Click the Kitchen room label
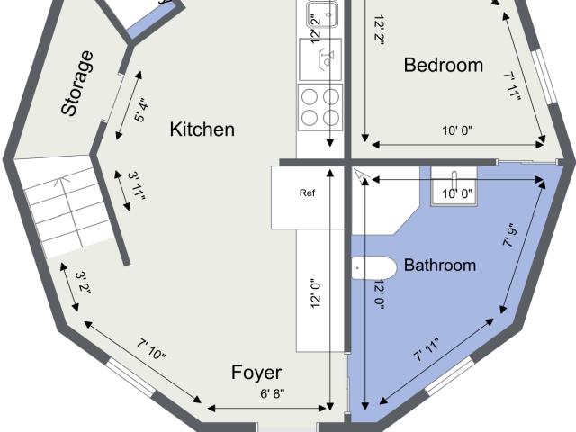[202, 130]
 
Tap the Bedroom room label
[444, 65]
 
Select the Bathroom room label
[440, 265]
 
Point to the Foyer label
[256, 373]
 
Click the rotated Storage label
[77, 84]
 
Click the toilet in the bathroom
[374, 267]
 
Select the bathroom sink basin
[454, 186]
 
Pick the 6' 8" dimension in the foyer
[273, 394]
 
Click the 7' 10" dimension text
[152, 349]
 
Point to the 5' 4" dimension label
[142, 110]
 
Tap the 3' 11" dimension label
[137, 185]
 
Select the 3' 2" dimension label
[84, 283]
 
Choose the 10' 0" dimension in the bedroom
[457, 130]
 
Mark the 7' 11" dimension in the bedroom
[512, 86]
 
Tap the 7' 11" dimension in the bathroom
[427, 350]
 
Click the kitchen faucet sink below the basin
[320, 59]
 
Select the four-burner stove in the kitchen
[320, 107]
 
